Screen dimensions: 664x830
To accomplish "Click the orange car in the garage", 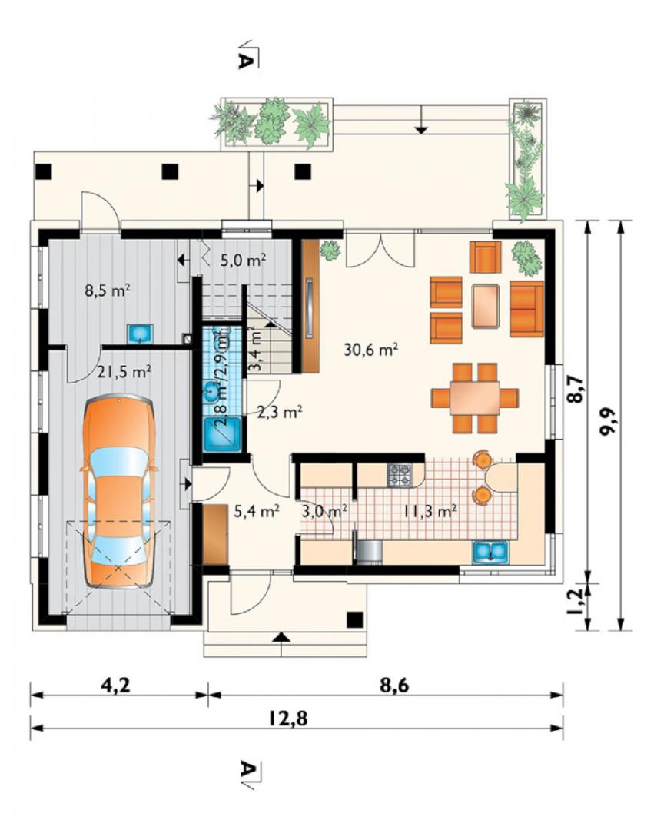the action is pyautogui.click(x=118, y=491).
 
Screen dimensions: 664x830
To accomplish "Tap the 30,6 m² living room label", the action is pyautogui.click(x=370, y=350).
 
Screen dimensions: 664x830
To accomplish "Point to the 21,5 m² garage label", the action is pyautogui.click(x=124, y=372).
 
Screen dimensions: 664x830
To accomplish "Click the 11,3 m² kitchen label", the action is pyautogui.click(x=430, y=511).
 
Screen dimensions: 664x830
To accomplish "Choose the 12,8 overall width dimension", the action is pyautogui.click(x=287, y=719).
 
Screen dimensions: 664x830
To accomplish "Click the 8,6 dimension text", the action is pyautogui.click(x=394, y=686).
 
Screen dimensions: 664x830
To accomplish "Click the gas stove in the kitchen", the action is pyautogui.click(x=400, y=475).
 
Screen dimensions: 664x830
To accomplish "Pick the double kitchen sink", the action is pyautogui.click(x=491, y=553).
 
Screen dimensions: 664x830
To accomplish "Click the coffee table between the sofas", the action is pyautogui.click(x=486, y=307).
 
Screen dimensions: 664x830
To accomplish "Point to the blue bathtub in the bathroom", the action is pyautogui.click(x=222, y=435).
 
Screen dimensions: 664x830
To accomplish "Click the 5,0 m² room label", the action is pyautogui.click(x=243, y=260).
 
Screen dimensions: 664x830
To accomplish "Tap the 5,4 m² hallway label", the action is pyautogui.click(x=257, y=511).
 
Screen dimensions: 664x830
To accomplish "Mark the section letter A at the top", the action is pyautogui.click(x=245, y=60).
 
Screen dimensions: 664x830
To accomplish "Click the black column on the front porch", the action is pyautogui.click(x=355, y=619).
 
